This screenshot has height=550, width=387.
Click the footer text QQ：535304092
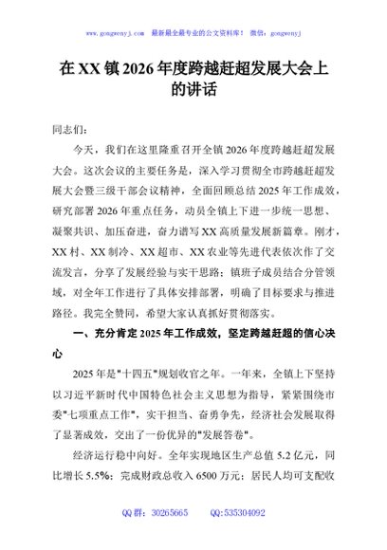[235, 539]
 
